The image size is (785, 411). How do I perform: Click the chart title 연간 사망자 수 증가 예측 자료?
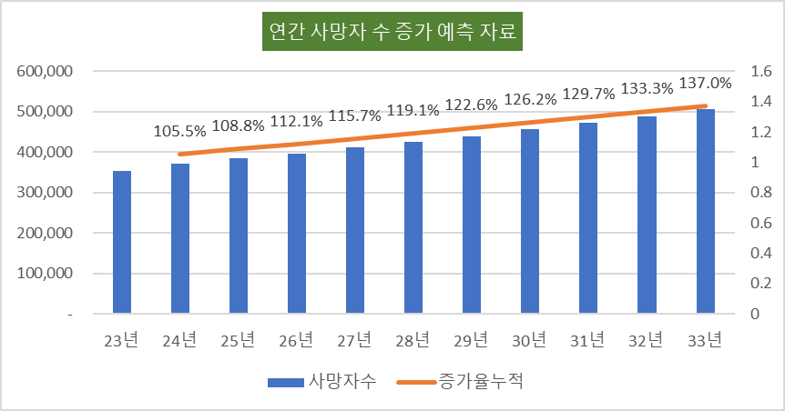click(392, 34)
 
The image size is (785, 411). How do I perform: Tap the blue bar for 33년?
click(706, 211)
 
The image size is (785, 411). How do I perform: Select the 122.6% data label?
click(472, 105)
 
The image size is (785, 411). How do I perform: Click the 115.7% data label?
click(355, 116)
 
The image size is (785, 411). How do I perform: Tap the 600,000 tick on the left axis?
click(45, 72)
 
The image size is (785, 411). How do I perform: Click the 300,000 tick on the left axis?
click(45, 193)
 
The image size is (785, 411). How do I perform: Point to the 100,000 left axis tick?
click(45, 274)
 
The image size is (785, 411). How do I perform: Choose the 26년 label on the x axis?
click(297, 341)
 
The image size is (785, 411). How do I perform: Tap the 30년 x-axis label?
click(530, 341)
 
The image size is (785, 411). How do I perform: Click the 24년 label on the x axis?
click(180, 341)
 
